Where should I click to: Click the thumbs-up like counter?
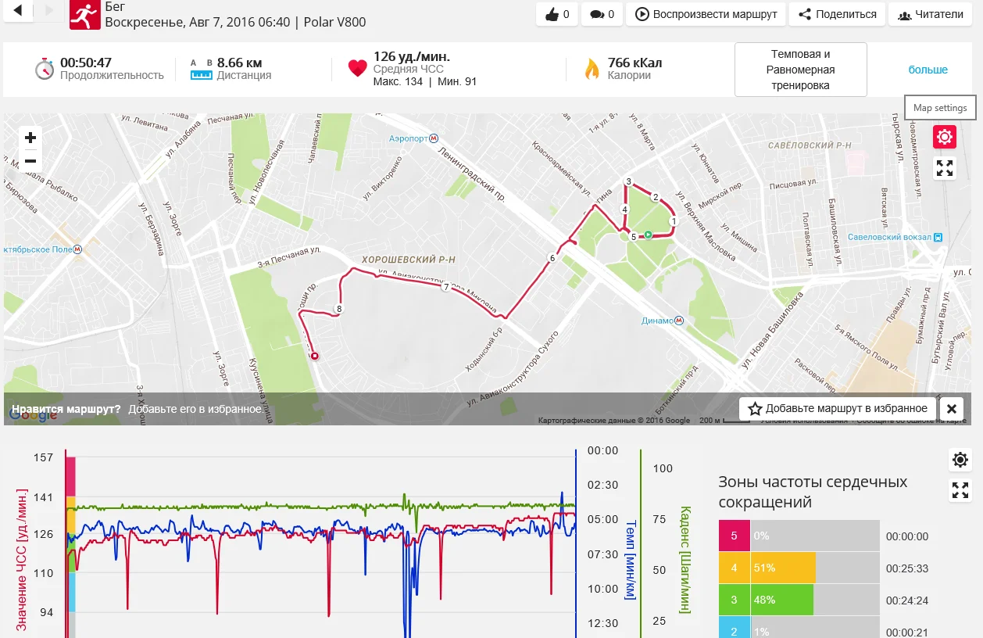(x=558, y=14)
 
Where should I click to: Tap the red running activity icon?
(x=84, y=14)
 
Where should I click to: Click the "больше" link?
(x=928, y=70)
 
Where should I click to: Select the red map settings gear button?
(x=945, y=138)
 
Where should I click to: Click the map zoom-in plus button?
(x=30, y=138)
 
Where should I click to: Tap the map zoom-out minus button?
(x=30, y=161)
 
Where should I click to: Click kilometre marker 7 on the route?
(x=445, y=287)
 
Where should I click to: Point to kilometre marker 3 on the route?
(x=628, y=181)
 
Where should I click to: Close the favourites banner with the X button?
(x=951, y=408)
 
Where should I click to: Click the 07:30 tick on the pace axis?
(x=602, y=554)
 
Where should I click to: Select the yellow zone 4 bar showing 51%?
(x=783, y=568)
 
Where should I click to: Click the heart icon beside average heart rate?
(x=357, y=69)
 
